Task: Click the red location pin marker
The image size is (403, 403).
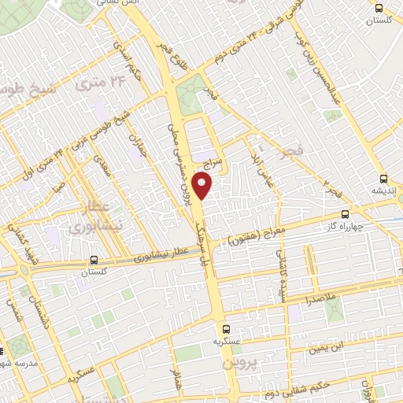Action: [x=204, y=186]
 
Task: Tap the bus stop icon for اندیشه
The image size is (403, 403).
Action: [x=383, y=179]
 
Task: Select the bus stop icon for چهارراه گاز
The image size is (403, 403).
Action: [x=345, y=213]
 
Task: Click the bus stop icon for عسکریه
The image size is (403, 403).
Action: [x=226, y=329]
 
